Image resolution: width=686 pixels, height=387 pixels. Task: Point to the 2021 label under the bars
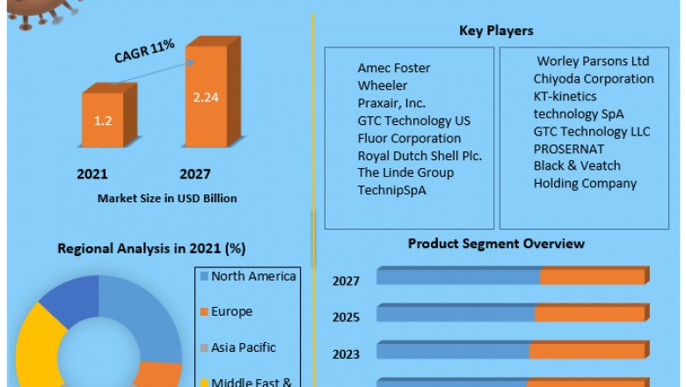91,174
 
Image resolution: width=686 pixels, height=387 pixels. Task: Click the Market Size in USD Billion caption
167,199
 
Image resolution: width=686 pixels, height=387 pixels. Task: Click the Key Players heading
496,32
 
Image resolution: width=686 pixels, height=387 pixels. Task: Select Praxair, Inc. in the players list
391,103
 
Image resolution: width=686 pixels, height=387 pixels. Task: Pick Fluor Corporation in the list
409,138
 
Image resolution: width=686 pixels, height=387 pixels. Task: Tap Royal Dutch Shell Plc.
420,156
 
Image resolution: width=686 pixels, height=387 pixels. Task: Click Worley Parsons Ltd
594,62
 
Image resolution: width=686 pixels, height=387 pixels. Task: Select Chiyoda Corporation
594,78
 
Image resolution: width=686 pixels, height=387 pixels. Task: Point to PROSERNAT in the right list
569,149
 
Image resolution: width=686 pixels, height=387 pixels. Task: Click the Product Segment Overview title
496,244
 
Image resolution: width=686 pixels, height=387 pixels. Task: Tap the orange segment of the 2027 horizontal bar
593,277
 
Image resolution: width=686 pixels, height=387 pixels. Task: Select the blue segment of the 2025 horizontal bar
456,314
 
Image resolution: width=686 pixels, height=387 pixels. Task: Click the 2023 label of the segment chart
346,355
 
